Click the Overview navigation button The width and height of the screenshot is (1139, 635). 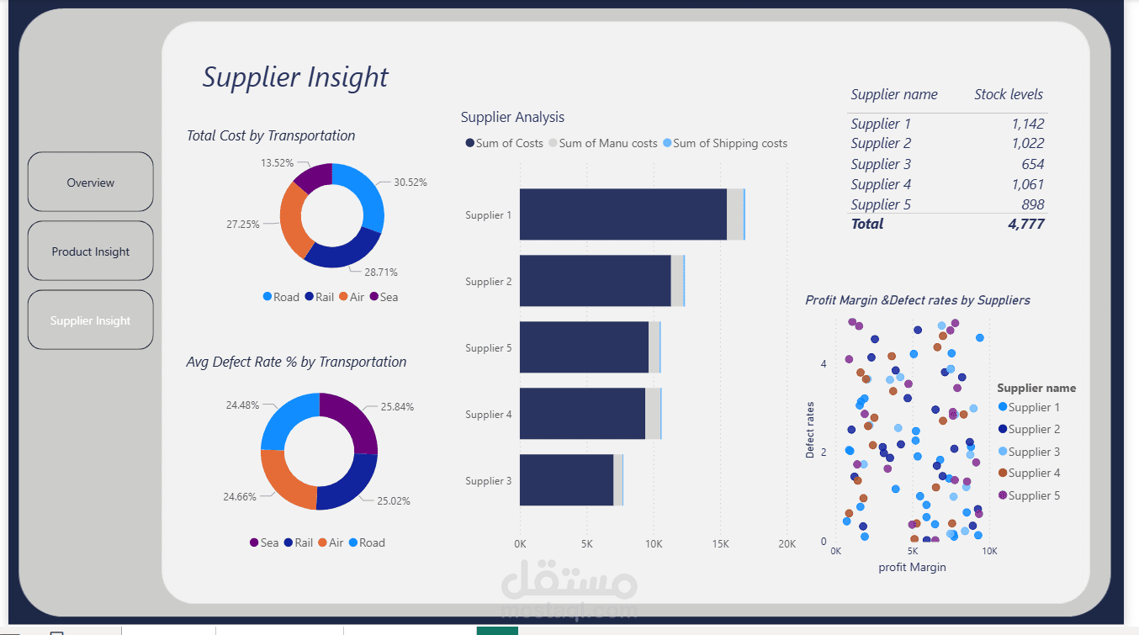pos(91,183)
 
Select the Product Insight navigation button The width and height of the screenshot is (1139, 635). pos(91,251)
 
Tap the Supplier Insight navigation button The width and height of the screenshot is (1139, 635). pos(91,320)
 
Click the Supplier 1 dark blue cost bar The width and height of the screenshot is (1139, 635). pos(622,214)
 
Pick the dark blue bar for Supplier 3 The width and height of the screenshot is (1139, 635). pos(566,481)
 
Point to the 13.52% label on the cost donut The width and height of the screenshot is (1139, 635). pos(278,163)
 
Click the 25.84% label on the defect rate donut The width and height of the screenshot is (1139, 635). pos(397,406)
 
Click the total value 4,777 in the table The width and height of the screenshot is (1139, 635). pos(1026,224)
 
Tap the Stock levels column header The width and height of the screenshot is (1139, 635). pos(1009,94)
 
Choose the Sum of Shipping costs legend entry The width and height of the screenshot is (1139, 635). pos(729,143)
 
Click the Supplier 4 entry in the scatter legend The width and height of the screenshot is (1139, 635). pos(1034,473)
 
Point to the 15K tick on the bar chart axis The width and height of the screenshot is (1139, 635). pos(720,544)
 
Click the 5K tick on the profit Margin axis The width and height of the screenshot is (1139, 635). pos(912,551)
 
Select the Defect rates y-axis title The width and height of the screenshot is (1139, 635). pos(810,430)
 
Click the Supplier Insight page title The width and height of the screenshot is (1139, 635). pos(295,77)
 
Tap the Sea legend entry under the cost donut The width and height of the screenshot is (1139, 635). pos(384,297)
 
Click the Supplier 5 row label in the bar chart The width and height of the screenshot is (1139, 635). pos(488,348)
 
